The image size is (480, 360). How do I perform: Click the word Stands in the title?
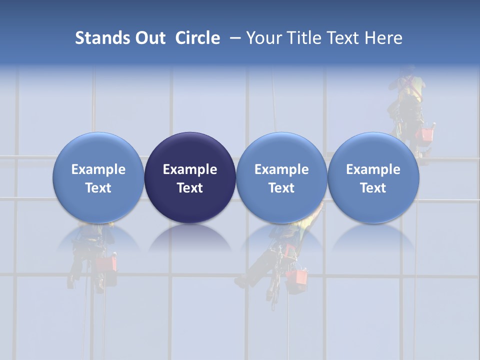(98, 38)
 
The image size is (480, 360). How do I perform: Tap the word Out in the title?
(148, 38)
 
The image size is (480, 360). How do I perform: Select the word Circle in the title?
(197, 38)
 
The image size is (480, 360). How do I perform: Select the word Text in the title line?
(345, 38)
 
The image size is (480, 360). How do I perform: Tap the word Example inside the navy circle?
(190, 169)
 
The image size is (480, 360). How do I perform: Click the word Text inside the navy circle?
(190, 188)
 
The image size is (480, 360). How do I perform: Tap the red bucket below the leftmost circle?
(106, 263)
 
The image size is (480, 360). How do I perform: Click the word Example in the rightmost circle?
(373, 169)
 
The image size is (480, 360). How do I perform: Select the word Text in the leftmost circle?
(98, 188)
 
